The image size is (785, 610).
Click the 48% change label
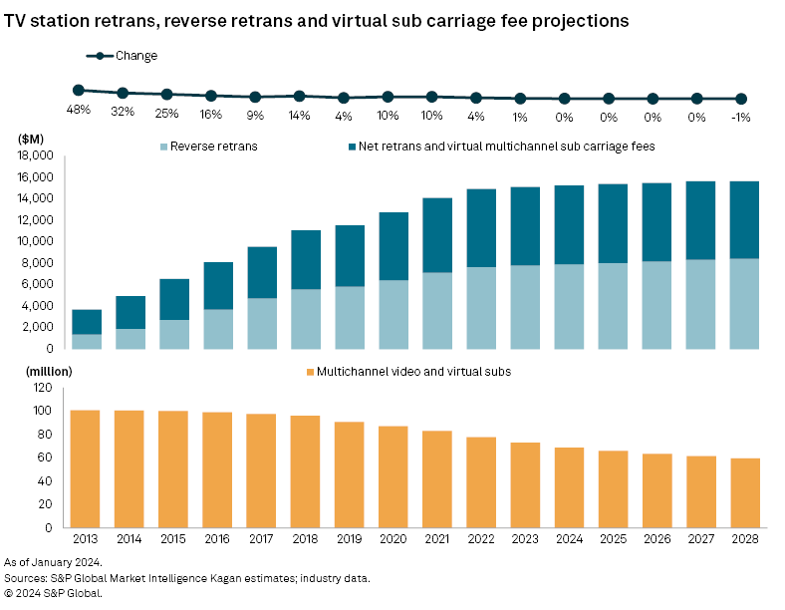[x=79, y=111]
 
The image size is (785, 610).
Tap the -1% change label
[x=740, y=117]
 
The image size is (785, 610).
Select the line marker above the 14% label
[x=300, y=96]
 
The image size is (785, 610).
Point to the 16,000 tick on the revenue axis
[x=36, y=177]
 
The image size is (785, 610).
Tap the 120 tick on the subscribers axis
[x=43, y=387]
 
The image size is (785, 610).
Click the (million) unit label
[x=39, y=371]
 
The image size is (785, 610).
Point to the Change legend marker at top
[x=100, y=56]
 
